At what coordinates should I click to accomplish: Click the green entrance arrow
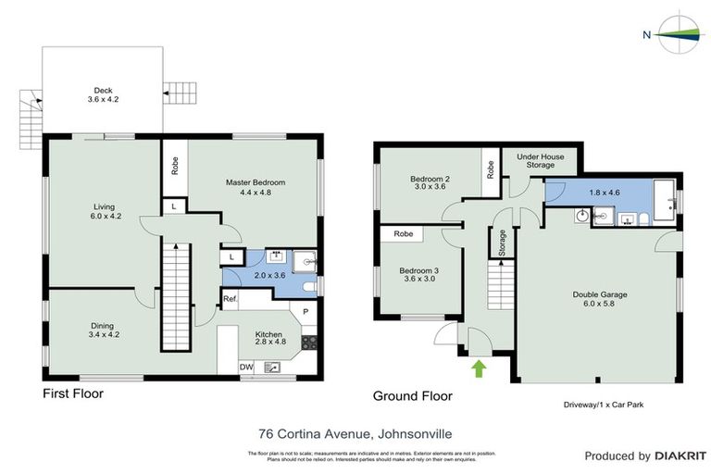click(479, 369)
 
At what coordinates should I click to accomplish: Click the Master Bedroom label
click(256, 188)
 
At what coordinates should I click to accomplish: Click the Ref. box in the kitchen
click(231, 301)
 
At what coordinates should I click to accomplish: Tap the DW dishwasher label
click(246, 367)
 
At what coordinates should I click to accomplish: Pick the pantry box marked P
click(305, 310)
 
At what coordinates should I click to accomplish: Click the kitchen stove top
click(309, 342)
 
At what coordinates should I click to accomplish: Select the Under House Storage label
click(541, 161)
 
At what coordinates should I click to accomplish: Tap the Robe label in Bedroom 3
click(403, 235)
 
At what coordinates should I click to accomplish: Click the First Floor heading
click(73, 393)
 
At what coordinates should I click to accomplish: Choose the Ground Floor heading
click(412, 396)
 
